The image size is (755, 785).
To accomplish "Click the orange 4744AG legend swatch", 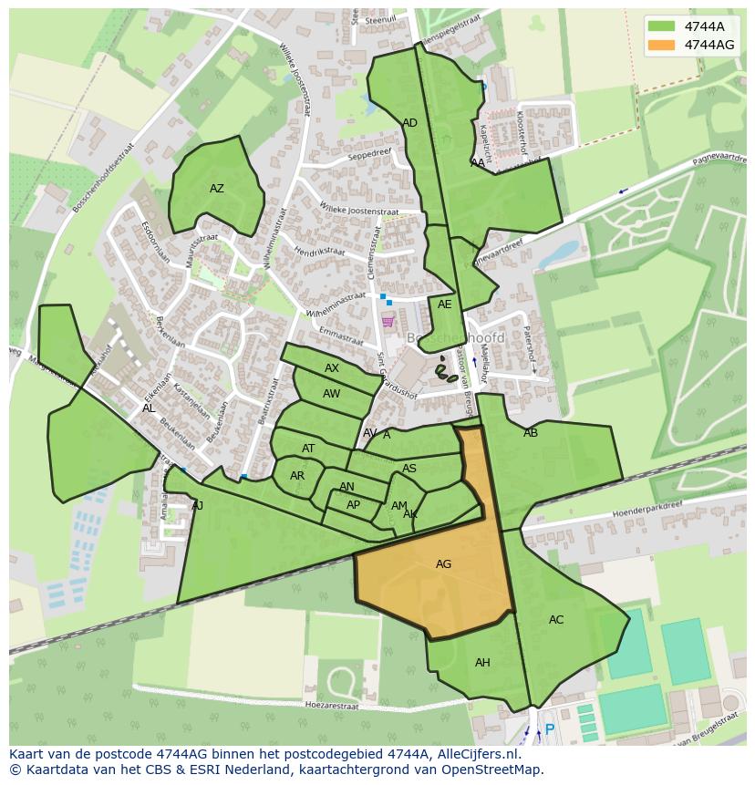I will click(662, 45).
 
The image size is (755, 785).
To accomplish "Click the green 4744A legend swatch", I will click(662, 26).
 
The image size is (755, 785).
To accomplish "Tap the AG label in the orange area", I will click(443, 564).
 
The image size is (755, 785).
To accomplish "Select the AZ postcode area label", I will click(217, 189).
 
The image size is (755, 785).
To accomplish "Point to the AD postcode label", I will click(409, 123).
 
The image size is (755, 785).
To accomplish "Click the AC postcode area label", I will click(556, 620).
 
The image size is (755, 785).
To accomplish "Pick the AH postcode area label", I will click(482, 663).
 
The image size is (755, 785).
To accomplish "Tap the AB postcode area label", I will click(531, 433).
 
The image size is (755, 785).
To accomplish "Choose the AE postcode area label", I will click(444, 305).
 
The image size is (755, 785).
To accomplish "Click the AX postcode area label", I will click(332, 368).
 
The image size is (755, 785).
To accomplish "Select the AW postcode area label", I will click(332, 394).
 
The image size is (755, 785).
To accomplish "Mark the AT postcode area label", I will click(308, 449).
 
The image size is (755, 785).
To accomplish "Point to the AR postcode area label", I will click(297, 476).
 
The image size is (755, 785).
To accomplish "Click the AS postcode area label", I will click(409, 469).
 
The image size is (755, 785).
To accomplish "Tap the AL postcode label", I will click(148, 408).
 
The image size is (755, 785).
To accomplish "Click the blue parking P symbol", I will click(549, 729).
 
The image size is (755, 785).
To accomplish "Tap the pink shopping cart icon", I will click(388, 321).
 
